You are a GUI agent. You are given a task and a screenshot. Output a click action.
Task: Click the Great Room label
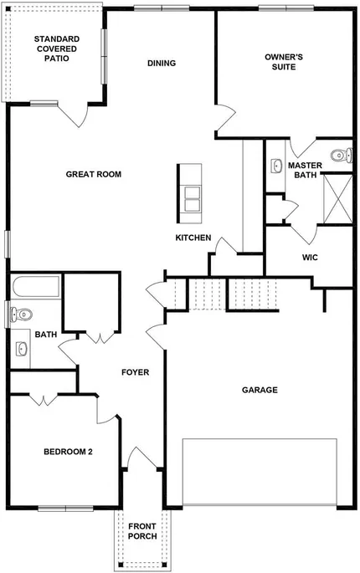(x=93, y=174)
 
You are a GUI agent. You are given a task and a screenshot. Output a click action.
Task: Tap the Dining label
(x=162, y=64)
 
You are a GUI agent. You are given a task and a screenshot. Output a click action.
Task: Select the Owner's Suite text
(x=284, y=62)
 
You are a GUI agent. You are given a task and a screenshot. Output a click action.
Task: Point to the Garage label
(x=260, y=390)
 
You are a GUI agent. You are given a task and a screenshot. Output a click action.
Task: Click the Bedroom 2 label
(x=68, y=452)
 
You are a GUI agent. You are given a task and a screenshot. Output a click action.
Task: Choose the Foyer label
(x=136, y=372)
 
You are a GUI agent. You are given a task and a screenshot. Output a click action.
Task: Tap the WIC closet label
(x=310, y=258)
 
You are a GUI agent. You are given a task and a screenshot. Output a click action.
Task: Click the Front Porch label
(x=142, y=531)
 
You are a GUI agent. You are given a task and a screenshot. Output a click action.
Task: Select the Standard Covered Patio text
(x=57, y=49)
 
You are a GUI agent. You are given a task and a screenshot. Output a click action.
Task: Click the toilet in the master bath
(x=342, y=156)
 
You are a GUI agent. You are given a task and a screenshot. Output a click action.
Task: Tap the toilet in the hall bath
(x=21, y=314)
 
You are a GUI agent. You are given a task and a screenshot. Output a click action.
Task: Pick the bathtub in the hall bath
(x=36, y=286)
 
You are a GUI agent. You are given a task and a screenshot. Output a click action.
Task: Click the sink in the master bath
(x=276, y=166)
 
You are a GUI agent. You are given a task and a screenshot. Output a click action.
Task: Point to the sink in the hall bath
(x=22, y=349)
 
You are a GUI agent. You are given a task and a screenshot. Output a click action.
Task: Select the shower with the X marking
(x=338, y=199)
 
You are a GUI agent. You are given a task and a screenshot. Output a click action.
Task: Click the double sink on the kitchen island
(x=193, y=199)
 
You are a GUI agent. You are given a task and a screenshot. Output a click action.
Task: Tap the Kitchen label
(x=193, y=238)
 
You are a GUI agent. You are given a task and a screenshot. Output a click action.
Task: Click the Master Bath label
(x=305, y=171)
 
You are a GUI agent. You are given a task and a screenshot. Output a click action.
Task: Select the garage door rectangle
(x=260, y=472)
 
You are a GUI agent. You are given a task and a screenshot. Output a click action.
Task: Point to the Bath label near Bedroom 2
(x=46, y=335)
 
